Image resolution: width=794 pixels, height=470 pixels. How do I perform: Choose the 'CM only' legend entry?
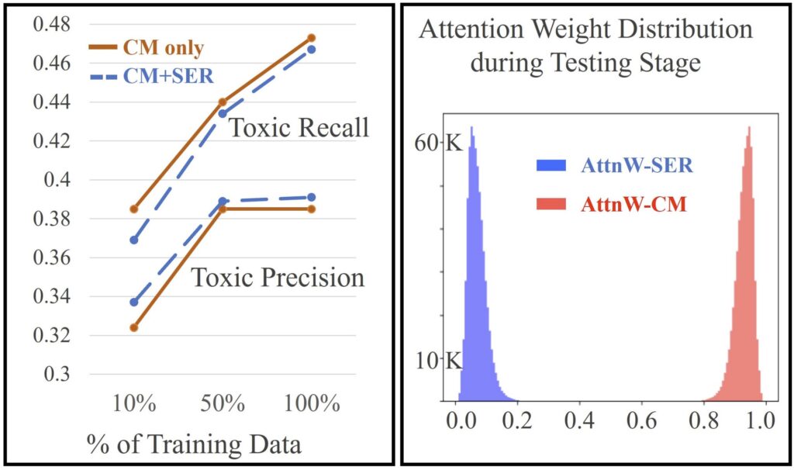pos(163,47)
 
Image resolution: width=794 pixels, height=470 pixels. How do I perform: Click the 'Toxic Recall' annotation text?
pos(298,129)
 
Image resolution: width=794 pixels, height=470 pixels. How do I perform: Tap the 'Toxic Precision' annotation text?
pos(278,277)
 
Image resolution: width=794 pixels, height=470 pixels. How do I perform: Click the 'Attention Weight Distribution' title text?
pos(585,31)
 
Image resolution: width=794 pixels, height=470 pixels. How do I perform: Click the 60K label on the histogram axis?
pos(445,143)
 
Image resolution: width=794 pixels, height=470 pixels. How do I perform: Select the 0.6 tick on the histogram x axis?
pos(640,423)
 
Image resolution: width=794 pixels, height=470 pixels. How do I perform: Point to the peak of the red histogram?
pos(748,129)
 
